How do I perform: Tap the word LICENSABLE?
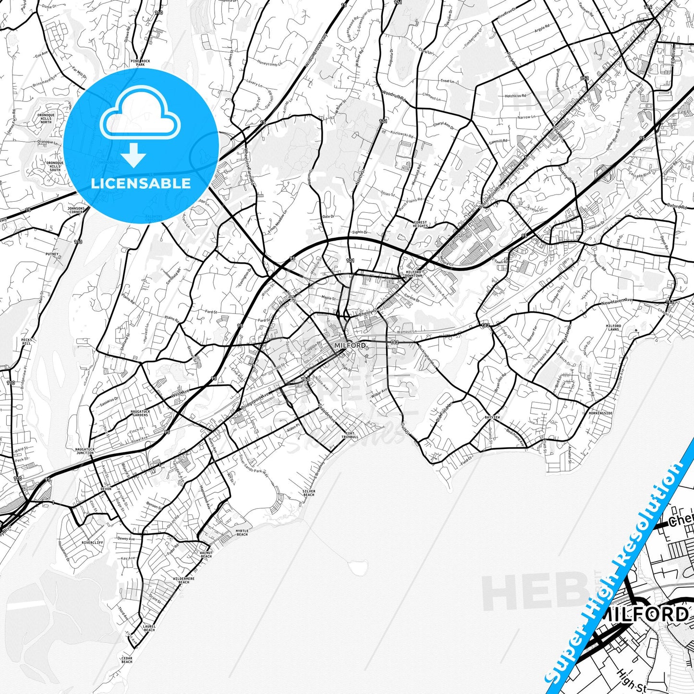click(x=141, y=183)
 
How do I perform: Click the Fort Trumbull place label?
click(x=350, y=435)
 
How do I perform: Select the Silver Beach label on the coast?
click(x=309, y=493)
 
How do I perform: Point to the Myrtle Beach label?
click(x=242, y=533)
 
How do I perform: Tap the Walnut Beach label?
click(x=206, y=554)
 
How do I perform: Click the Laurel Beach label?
click(x=149, y=628)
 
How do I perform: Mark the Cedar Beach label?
click(x=127, y=659)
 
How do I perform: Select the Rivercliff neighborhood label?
click(x=92, y=543)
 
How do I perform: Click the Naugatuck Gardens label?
click(x=140, y=413)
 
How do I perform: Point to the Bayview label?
click(x=492, y=417)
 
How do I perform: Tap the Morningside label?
click(x=601, y=413)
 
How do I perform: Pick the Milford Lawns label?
click(x=613, y=328)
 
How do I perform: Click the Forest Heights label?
click(x=420, y=224)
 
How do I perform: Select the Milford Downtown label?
click(x=414, y=274)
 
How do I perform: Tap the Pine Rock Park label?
click(x=140, y=63)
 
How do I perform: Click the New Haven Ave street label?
click(x=617, y=303)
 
